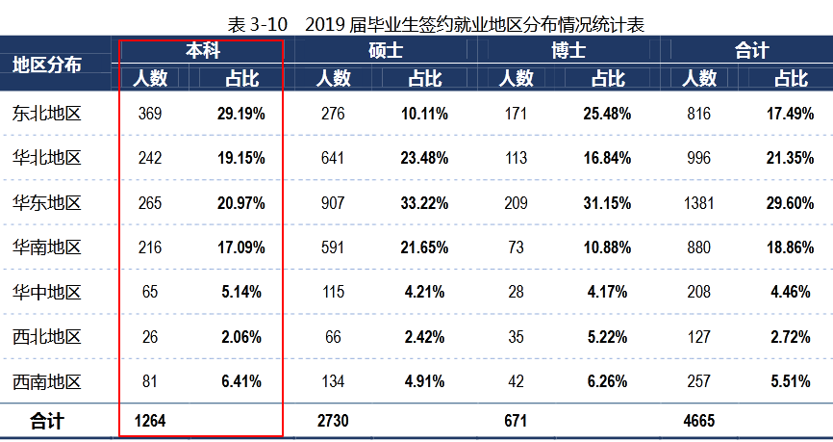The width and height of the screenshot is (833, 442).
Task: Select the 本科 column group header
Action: tap(201, 50)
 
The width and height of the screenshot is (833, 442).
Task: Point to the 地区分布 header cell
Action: tap(47, 65)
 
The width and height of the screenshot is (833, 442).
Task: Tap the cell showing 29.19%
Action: tap(240, 114)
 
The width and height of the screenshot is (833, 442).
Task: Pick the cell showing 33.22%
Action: tap(424, 203)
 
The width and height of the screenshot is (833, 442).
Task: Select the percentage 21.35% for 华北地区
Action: tap(792, 158)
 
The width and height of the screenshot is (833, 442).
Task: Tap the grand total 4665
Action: tap(698, 421)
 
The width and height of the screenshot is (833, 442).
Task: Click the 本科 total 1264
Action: tap(152, 421)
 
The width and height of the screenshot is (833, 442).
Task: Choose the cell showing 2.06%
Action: tap(240, 336)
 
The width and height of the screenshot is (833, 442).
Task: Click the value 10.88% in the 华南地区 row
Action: tap(607, 247)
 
